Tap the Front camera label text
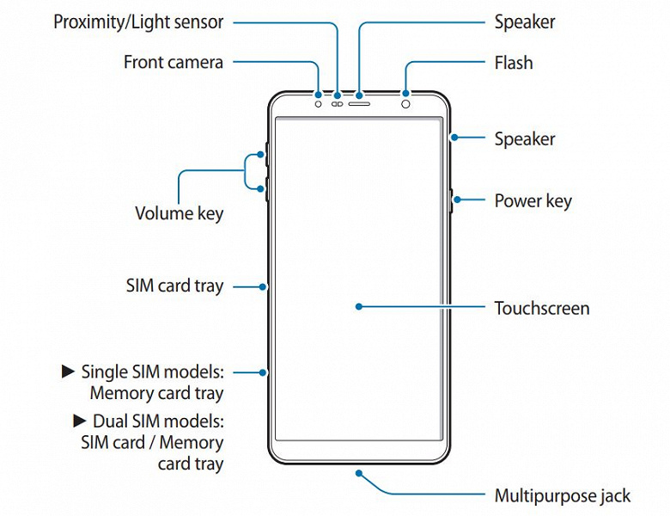tap(174, 62)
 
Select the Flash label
tap(514, 63)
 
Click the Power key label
tap(533, 201)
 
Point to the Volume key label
tap(179, 212)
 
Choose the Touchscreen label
tap(541, 307)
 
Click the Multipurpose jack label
tap(562, 495)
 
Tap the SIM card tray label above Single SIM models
tap(174, 286)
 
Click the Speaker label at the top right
tap(525, 22)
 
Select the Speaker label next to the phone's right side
tap(525, 139)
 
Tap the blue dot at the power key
tap(455, 200)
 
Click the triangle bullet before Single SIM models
tap(70, 372)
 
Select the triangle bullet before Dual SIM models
tap(80, 421)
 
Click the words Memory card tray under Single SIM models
tap(156, 394)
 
